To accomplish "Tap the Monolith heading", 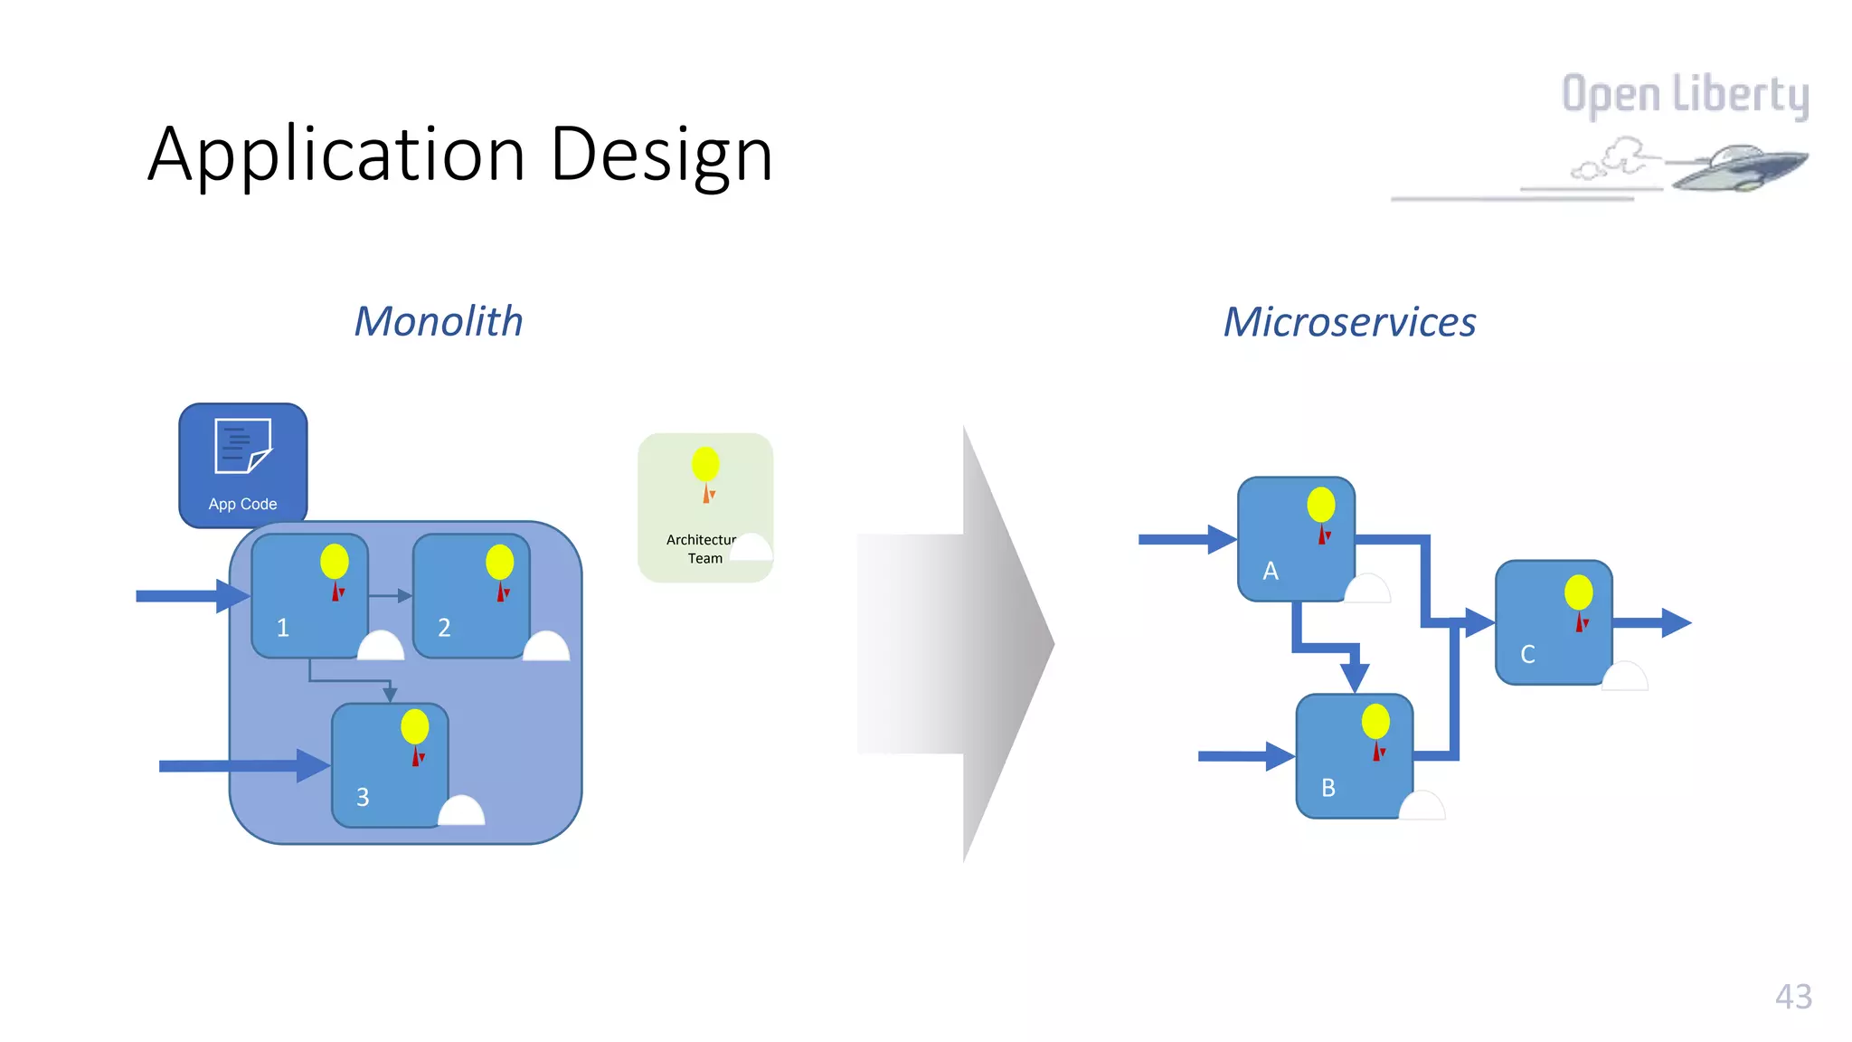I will pos(439,322).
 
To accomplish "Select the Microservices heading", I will pos(1349,322).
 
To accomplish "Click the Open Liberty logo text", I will pos(1685,95).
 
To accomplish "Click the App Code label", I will pos(242,504).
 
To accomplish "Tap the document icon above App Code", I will pos(242,445).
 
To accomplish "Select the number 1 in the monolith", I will pos(283,628).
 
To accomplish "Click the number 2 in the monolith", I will pos(444,628).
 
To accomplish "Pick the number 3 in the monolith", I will pos(363,797).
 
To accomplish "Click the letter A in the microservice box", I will pos(1271,571).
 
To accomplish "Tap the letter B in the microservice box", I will pos(1328,788).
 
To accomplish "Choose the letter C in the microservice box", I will pos(1527,654).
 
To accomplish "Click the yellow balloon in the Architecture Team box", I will pos(705,464).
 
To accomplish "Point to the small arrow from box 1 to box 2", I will pos(391,595).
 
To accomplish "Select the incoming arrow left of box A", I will pos(1185,539).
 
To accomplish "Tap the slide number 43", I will pos(1793,997).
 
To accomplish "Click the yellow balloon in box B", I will pos(1375,722).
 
